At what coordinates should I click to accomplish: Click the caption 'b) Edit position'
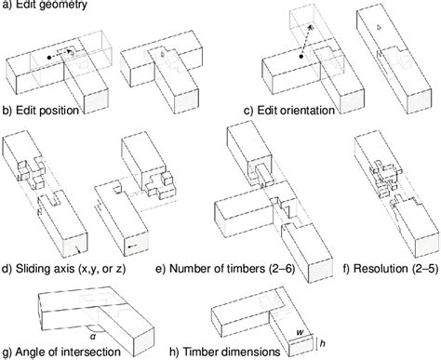(x=40, y=111)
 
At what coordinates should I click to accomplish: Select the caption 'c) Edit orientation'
(x=289, y=111)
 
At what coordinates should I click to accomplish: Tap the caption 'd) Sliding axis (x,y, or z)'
(x=64, y=269)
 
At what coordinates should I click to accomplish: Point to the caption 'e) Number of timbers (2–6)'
(x=225, y=269)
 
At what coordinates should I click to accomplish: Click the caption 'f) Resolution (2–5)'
(x=391, y=269)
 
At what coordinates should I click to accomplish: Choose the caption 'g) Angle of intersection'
(x=61, y=352)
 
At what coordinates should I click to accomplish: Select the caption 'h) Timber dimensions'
(x=225, y=352)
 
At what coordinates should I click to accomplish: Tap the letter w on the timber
(x=300, y=332)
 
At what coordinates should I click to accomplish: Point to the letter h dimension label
(x=323, y=343)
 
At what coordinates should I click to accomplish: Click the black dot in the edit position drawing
(x=48, y=58)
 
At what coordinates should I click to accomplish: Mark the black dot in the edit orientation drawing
(x=301, y=57)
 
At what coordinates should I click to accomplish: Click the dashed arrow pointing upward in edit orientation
(x=306, y=41)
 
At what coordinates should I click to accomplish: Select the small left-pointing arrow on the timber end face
(x=132, y=247)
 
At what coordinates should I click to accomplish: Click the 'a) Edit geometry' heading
(x=45, y=5)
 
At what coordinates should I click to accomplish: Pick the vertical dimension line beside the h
(x=316, y=343)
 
